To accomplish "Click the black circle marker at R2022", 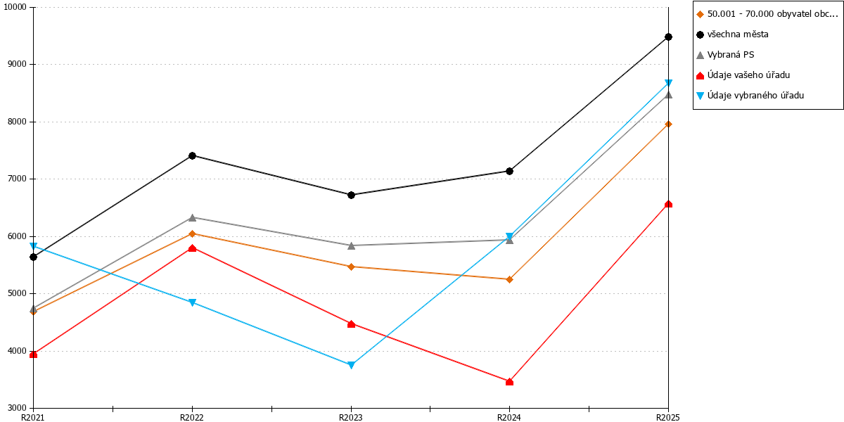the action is (x=192, y=155).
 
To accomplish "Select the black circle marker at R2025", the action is (x=668, y=37).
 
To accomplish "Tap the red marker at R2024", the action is (x=509, y=382).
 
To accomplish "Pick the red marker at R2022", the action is (x=192, y=248).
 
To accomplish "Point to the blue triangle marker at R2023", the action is (x=351, y=365).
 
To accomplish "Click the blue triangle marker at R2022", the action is (x=192, y=302).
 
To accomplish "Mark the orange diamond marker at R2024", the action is (x=509, y=279).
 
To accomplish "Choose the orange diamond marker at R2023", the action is (x=351, y=267).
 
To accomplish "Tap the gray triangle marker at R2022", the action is (x=192, y=217).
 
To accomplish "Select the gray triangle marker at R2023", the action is (x=351, y=245).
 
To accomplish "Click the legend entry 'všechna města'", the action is (x=738, y=34).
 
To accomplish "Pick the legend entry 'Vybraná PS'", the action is (x=731, y=55).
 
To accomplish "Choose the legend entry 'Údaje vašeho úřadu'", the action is (x=748, y=75).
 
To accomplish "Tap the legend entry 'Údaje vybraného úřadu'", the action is (x=755, y=96).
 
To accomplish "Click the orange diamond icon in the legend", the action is (x=700, y=14).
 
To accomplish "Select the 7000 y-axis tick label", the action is (x=18, y=179).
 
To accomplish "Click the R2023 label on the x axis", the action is (x=351, y=418).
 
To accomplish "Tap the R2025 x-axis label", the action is (x=668, y=418).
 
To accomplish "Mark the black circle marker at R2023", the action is (x=351, y=195).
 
